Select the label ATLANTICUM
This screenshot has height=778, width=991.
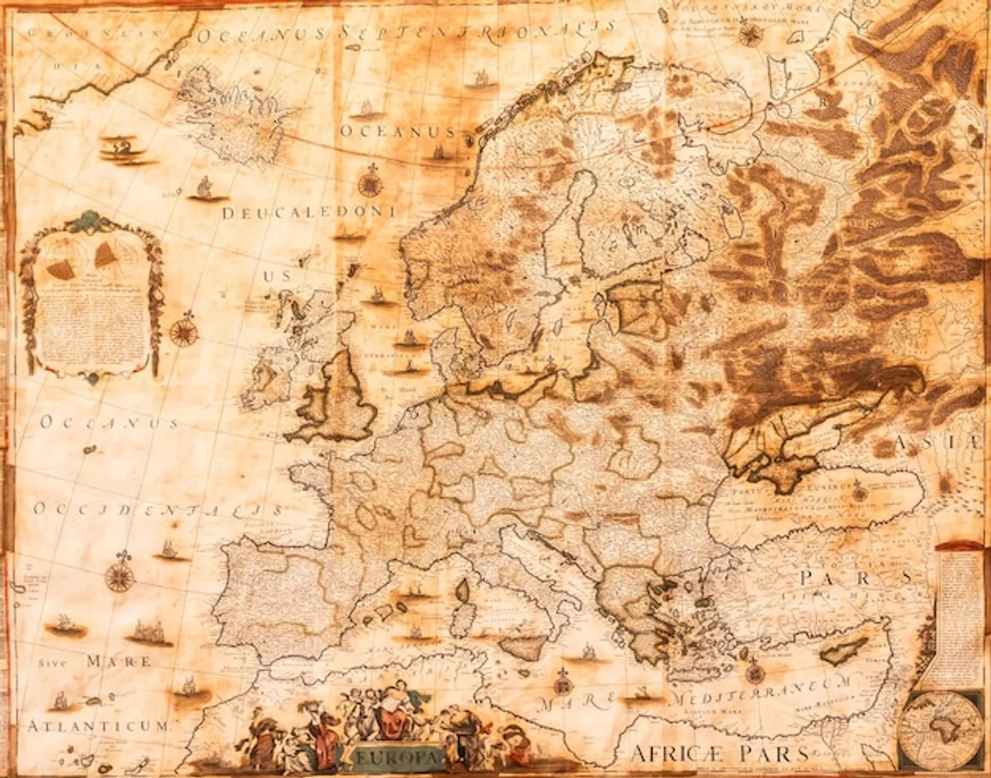[97, 726]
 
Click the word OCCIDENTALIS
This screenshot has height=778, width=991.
[158, 509]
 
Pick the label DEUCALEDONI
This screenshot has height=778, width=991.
[308, 213]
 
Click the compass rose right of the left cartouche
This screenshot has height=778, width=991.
[183, 332]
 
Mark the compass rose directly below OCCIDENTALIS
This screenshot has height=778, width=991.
[120, 575]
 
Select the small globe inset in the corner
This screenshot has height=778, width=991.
[941, 730]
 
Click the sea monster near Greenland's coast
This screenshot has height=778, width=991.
[124, 149]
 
